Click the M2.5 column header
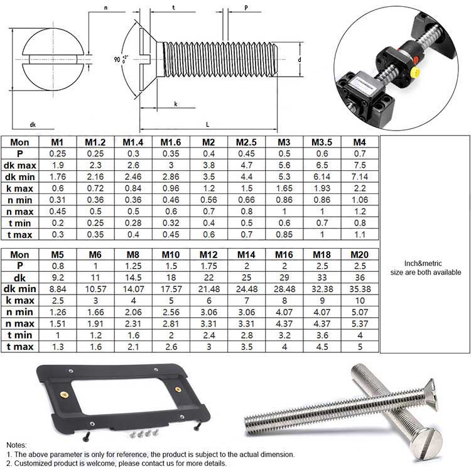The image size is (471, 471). tap(246, 142)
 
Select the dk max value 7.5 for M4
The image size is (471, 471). tap(360, 165)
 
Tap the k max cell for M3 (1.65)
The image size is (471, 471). tap(284, 188)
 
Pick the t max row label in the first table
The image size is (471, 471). tap(20, 235)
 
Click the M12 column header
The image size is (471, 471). tap(208, 255)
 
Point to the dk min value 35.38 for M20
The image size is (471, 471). tap(360, 289)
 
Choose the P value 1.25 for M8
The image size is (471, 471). tap(133, 266)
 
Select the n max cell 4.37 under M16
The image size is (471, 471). tap(284, 324)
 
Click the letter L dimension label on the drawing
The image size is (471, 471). tap(208, 124)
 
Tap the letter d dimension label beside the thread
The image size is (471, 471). tap(299, 60)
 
